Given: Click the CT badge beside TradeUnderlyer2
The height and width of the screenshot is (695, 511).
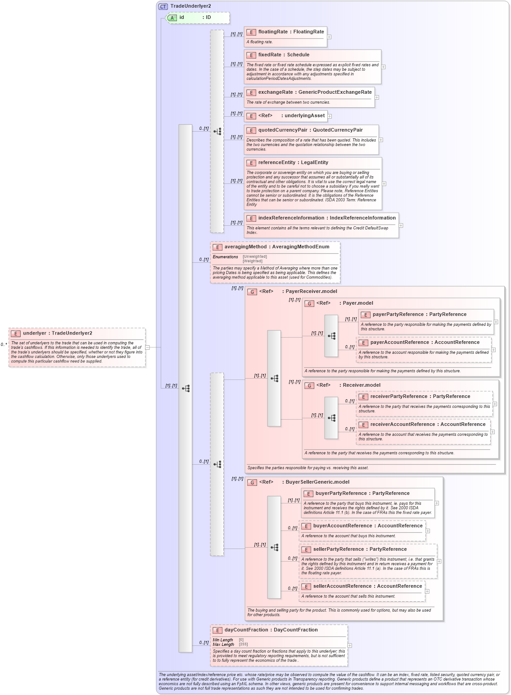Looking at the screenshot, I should tap(163, 6).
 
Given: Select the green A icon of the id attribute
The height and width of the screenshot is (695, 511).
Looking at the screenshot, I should tap(172, 18).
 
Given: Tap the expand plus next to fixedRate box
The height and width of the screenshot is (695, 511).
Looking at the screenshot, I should tap(384, 67).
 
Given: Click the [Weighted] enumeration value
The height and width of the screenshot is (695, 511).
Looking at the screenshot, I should tap(252, 261).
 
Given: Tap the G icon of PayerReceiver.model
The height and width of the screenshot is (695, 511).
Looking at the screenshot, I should tap(252, 292).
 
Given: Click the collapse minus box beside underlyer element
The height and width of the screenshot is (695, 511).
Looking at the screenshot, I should tap(148, 347).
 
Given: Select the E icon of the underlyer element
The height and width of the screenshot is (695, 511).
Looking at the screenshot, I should tap(16, 334).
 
